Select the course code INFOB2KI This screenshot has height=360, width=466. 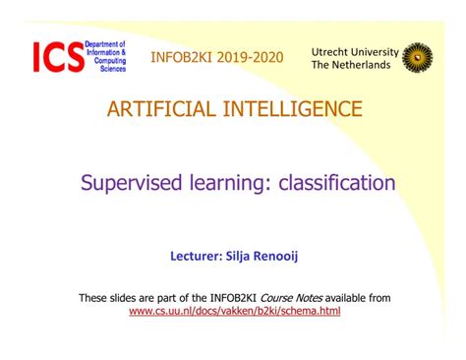pos(183,57)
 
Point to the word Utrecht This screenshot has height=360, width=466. pos(333,50)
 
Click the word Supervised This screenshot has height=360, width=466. pos(128,182)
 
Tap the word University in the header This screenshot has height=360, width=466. pos(378,50)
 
